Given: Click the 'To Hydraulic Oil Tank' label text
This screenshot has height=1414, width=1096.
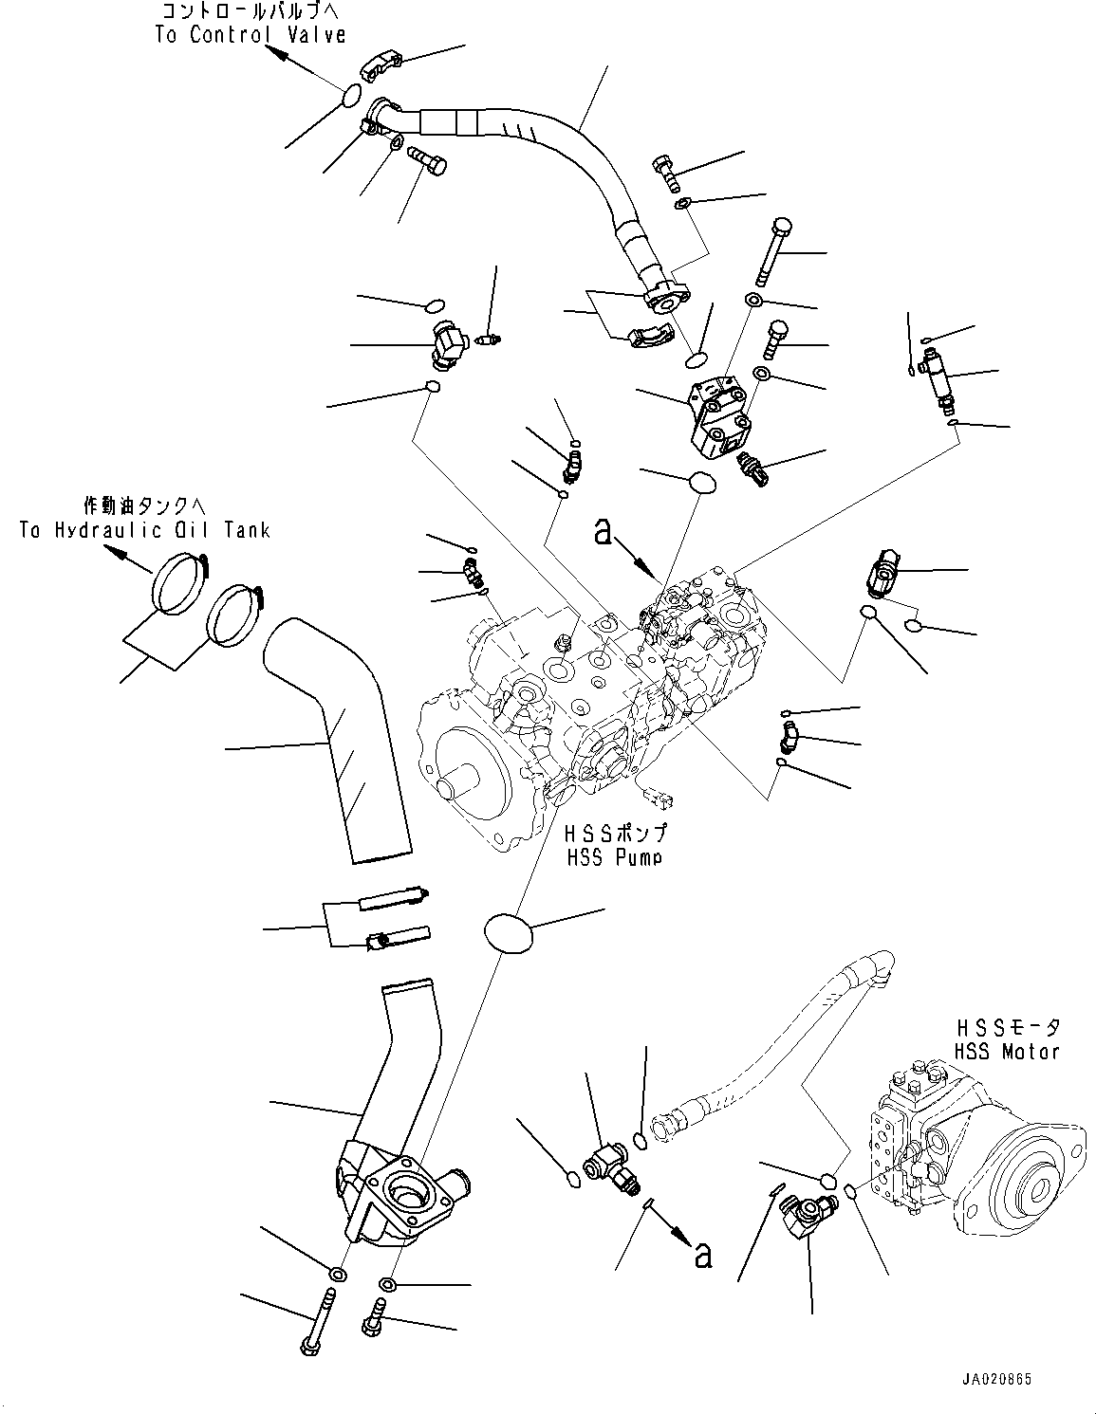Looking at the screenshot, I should [x=144, y=531].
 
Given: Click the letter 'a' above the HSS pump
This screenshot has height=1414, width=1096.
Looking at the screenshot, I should [x=602, y=531].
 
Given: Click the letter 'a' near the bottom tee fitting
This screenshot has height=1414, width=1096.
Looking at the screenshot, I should [x=702, y=1254].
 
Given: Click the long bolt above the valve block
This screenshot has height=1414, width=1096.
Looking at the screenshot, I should [x=771, y=248].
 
